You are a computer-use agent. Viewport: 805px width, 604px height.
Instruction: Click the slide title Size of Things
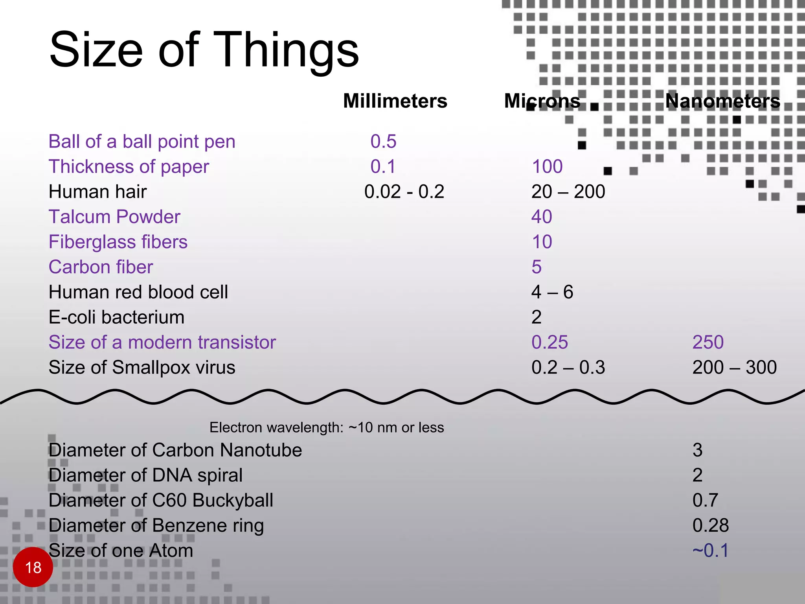tap(204, 50)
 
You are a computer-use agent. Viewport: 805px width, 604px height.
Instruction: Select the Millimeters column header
tap(395, 101)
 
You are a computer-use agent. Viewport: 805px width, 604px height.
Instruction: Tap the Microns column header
tap(542, 101)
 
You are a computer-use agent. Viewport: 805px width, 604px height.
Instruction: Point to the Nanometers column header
tap(722, 101)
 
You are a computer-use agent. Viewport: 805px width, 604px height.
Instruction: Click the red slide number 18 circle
tap(33, 567)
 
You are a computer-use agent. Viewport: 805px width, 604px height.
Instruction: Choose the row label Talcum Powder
tap(114, 217)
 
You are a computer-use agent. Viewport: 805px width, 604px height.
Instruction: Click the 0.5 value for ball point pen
tap(383, 142)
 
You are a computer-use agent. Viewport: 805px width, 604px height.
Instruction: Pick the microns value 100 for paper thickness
tap(547, 167)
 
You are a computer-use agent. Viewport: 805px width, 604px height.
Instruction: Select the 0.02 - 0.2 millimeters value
tap(404, 192)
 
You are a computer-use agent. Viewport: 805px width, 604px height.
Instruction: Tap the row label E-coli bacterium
tap(116, 317)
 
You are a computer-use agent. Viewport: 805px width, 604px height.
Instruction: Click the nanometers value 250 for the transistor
tap(708, 343)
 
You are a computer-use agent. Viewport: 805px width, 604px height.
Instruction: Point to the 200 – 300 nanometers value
tap(734, 368)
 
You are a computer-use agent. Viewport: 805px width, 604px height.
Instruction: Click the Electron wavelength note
tap(327, 427)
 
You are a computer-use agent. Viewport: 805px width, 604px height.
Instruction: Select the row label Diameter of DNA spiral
tap(145, 475)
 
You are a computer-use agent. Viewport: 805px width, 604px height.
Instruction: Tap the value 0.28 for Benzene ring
tap(711, 525)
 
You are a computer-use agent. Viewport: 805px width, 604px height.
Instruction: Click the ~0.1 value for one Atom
tap(711, 551)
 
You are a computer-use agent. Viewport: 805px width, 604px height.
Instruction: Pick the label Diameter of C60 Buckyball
tap(161, 500)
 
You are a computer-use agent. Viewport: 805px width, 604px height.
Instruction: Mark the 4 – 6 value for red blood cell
tap(552, 292)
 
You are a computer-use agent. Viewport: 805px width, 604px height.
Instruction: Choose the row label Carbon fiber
tap(101, 267)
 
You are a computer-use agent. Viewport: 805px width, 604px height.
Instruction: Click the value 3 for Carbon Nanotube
tap(698, 450)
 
